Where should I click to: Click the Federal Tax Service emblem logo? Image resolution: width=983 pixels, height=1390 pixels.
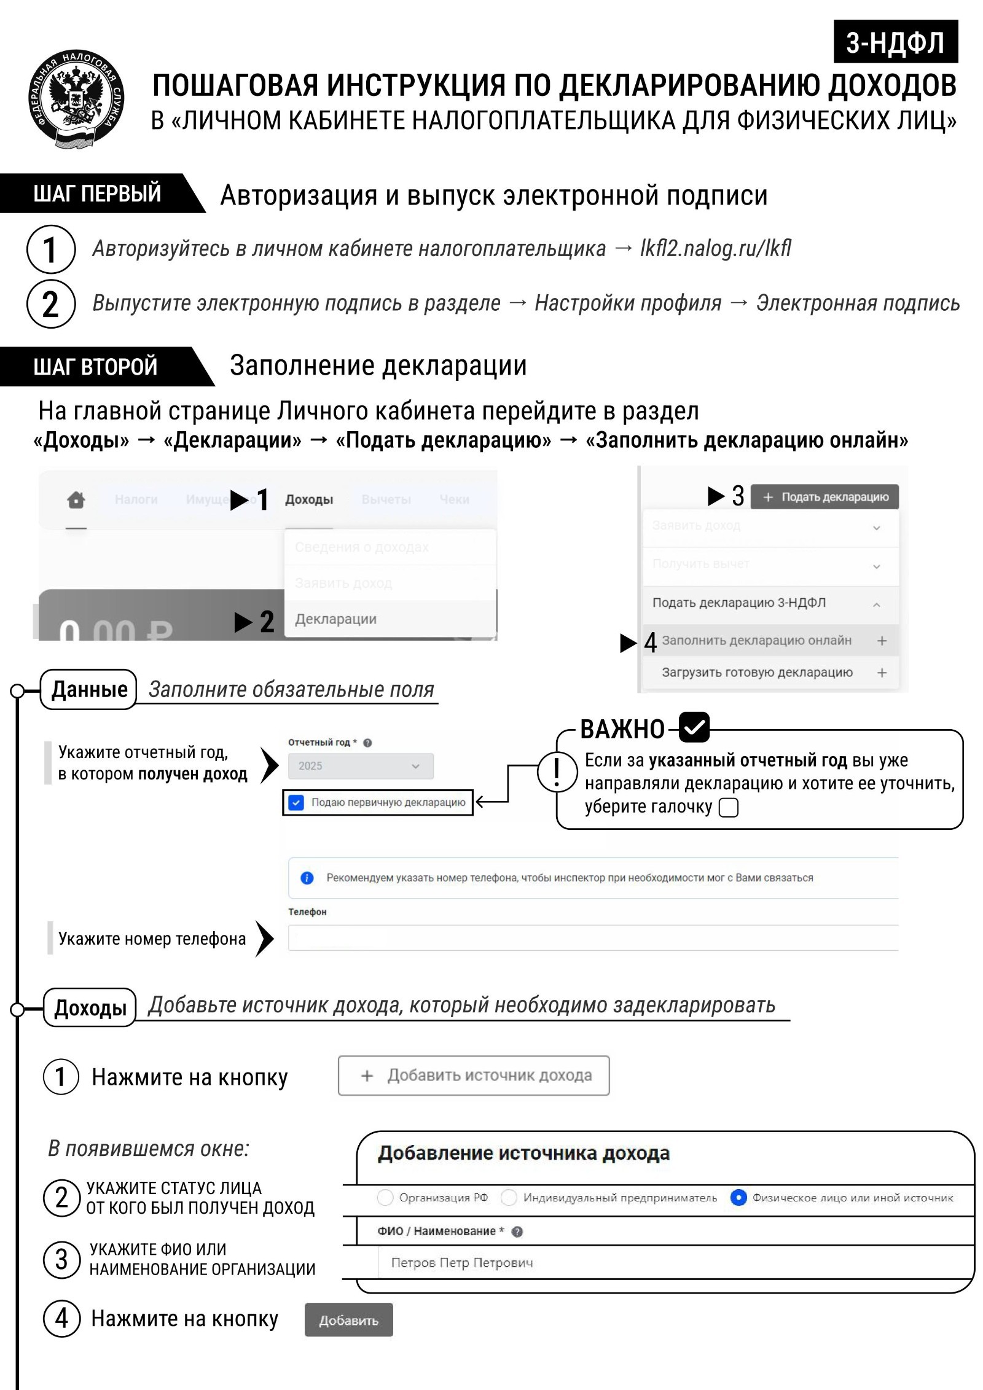tap(76, 99)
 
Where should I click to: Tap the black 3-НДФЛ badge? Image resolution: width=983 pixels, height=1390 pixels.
tap(895, 42)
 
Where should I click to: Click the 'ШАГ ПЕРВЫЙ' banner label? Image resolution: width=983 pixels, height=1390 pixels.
tap(97, 193)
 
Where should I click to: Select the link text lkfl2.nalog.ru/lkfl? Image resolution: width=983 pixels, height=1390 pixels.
tap(715, 248)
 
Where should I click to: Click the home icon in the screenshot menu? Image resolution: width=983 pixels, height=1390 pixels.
tap(76, 499)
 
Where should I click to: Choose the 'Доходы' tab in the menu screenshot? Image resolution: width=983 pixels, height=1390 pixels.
tap(309, 499)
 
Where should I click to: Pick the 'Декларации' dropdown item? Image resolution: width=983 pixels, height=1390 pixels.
tap(336, 619)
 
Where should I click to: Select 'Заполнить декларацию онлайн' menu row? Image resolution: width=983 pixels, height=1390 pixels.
tap(756, 641)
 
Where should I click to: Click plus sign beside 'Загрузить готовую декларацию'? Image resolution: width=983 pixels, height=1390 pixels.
tap(882, 673)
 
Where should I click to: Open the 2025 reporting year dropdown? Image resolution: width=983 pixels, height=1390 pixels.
tap(361, 766)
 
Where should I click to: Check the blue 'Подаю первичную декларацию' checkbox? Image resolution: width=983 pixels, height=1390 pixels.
tap(296, 802)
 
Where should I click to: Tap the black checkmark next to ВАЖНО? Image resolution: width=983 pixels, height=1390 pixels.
tap(694, 727)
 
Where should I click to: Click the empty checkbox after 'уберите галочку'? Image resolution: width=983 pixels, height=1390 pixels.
tap(728, 807)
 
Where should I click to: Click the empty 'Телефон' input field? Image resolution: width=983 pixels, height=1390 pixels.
tap(593, 938)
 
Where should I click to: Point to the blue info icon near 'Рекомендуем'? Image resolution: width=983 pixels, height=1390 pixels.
tap(307, 878)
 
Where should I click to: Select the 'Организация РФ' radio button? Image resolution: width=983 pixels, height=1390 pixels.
tap(385, 1197)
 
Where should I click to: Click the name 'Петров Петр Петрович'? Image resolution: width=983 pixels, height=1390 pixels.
tap(462, 1262)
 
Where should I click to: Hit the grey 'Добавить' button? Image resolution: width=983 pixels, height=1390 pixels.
tap(348, 1321)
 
